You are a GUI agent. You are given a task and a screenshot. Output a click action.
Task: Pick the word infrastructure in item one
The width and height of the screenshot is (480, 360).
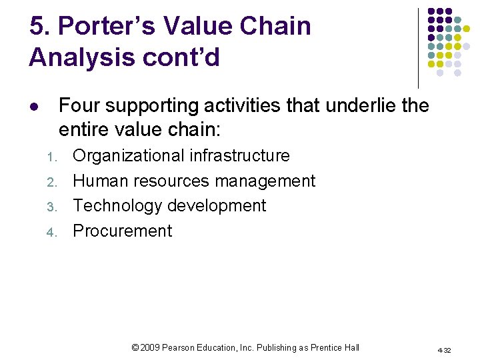[x=239, y=156]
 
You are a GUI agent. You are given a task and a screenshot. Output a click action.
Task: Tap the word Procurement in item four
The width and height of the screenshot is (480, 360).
[x=122, y=231]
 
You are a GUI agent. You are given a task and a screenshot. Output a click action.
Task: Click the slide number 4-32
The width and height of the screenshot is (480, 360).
[x=445, y=349]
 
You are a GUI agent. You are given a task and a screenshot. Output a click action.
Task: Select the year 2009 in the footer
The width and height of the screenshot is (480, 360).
[x=150, y=347]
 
